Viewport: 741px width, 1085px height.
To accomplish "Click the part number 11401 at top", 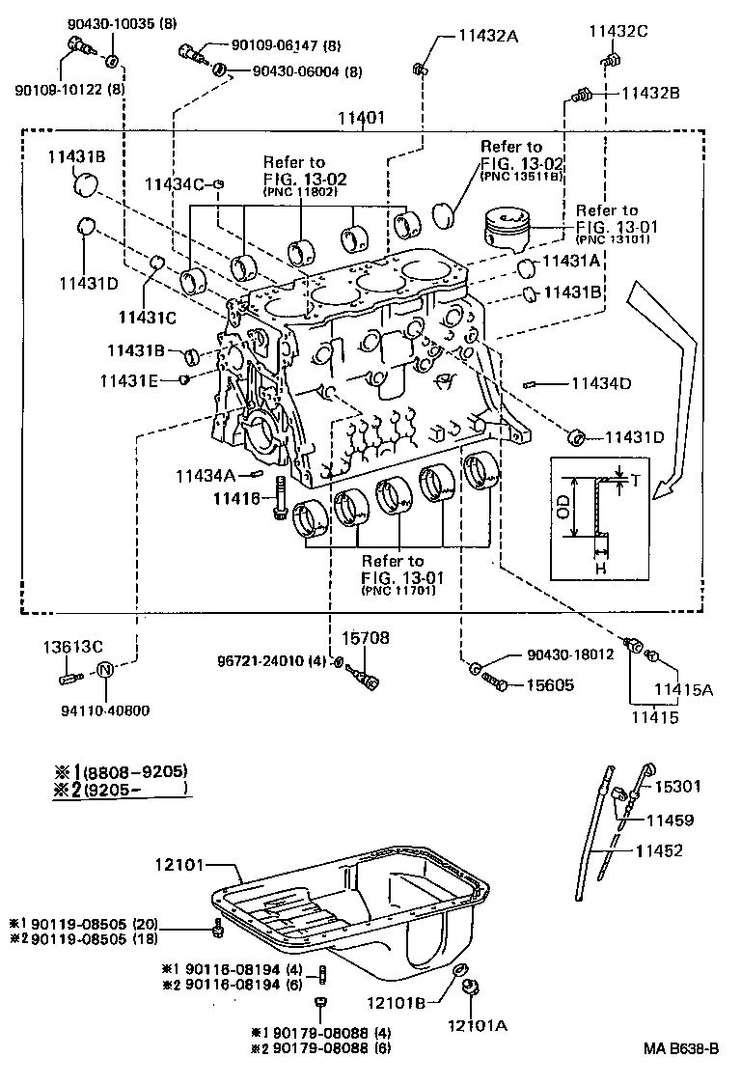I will click(x=362, y=119).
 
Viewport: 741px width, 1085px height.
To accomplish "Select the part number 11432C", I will click(x=618, y=32).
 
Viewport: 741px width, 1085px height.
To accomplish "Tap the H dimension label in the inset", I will click(x=600, y=569).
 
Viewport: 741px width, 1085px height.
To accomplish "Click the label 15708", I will click(x=365, y=637).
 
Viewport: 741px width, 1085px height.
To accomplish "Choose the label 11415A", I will click(x=683, y=689).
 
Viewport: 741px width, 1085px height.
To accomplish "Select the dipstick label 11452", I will click(x=658, y=850).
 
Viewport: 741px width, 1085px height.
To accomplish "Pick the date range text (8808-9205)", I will click(x=136, y=771).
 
